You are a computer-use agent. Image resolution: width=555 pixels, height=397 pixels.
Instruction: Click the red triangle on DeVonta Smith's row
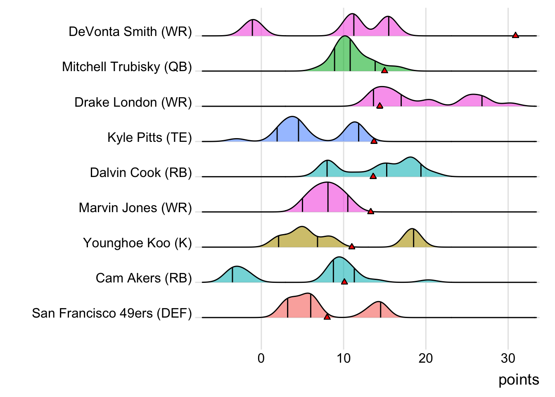click(515, 35)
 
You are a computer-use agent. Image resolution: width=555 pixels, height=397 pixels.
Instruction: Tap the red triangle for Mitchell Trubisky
click(384, 70)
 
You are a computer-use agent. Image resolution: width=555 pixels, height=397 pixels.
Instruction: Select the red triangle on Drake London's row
click(379, 106)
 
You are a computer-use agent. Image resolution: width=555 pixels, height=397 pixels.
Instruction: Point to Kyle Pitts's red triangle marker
click(374, 141)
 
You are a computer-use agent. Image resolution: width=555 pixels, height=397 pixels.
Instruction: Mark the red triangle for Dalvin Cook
click(373, 176)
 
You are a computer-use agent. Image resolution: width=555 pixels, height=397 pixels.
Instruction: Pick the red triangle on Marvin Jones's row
click(371, 211)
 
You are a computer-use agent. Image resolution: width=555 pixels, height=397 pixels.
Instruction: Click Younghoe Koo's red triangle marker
click(352, 246)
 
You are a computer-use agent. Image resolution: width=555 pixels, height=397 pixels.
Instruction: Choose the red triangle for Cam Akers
click(344, 282)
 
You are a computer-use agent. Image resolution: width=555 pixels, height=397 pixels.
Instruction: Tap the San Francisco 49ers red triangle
click(327, 317)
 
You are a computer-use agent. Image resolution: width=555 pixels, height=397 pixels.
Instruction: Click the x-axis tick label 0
click(261, 358)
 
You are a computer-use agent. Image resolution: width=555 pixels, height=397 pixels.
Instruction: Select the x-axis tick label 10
click(343, 358)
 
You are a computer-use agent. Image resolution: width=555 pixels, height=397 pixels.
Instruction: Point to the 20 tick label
click(426, 358)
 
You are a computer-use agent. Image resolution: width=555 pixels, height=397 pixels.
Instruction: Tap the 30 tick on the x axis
click(508, 358)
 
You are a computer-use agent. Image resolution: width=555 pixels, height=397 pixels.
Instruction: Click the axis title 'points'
click(519, 380)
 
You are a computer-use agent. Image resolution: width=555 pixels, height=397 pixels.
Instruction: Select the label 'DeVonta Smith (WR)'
click(130, 32)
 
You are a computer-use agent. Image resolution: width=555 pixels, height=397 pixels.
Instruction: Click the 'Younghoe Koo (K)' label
click(138, 243)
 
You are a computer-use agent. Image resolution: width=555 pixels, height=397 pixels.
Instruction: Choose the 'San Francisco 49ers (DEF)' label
click(112, 313)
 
